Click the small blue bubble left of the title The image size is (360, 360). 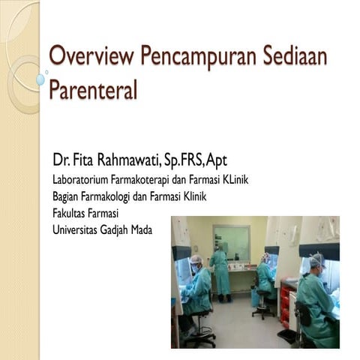click(x=40, y=79)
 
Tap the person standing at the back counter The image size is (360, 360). click(x=220, y=270)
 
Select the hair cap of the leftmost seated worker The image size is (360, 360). click(x=196, y=259)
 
